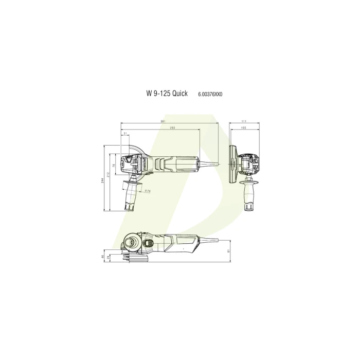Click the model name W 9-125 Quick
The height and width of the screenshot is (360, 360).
pyautogui.click(x=167, y=94)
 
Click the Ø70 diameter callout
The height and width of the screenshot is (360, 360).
pyautogui.click(x=147, y=191)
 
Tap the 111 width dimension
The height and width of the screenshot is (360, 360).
pyautogui.click(x=244, y=122)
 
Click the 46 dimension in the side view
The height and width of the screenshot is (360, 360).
pyautogui.click(x=103, y=256)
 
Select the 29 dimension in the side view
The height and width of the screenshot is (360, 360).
pyautogui.click(x=109, y=258)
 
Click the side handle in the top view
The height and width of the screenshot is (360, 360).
pyautogui.click(x=130, y=195)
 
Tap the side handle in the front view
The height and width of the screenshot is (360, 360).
pyautogui.click(x=251, y=194)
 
